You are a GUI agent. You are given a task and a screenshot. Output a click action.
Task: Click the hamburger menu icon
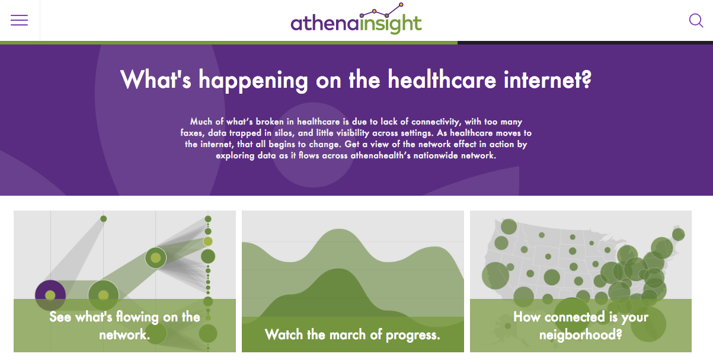click(19, 20)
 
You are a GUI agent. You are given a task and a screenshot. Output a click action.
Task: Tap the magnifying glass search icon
click(696, 20)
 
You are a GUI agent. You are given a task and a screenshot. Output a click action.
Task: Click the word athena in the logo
click(324, 23)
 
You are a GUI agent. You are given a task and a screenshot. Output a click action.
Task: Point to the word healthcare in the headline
click(442, 79)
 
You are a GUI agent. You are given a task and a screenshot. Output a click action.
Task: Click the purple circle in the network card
click(50, 295)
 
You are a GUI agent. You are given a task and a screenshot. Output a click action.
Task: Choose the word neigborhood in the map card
click(581, 335)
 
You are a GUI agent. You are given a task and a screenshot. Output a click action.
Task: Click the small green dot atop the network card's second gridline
click(104, 219)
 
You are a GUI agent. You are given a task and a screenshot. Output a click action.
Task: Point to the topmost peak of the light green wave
click(338, 230)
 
